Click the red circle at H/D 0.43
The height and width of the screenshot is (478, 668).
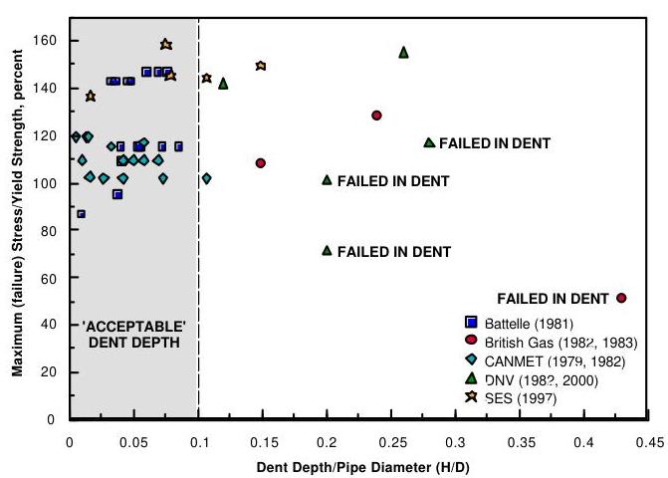tap(621, 298)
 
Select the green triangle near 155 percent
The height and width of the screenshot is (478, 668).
tap(403, 52)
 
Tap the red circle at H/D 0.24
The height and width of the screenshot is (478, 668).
tap(376, 116)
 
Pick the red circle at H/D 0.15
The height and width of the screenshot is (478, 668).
tap(261, 162)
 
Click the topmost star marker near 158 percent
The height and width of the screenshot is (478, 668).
tap(165, 45)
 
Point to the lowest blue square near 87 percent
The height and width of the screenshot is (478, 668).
tap(81, 214)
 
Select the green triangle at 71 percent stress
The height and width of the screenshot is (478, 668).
tap(327, 250)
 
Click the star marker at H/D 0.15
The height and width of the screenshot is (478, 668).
tap(261, 66)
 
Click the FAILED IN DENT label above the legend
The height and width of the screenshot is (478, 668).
tap(553, 298)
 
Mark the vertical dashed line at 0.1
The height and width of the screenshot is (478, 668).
tap(198, 249)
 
